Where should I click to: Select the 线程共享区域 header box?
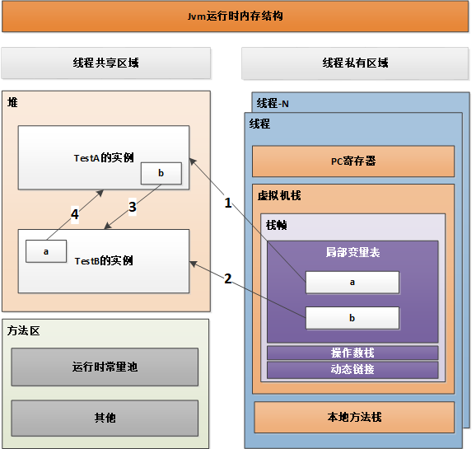(x=106, y=63)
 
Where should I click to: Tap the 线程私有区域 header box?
(x=355, y=63)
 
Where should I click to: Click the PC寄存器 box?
(x=352, y=161)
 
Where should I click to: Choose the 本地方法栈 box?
(x=354, y=417)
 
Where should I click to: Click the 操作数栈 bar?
(x=352, y=353)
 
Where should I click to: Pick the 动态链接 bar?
(x=352, y=369)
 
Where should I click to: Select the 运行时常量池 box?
(x=105, y=367)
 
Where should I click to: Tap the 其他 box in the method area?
(x=105, y=418)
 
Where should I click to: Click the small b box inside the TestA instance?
(x=161, y=173)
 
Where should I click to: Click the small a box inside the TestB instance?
(x=46, y=250)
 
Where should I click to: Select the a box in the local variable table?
(x=352, y=283)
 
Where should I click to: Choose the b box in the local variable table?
(x=352, y=318)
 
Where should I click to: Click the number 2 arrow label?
(x=228, y=278)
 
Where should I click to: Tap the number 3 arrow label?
(x=132, y=208)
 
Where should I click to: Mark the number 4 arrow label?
(x=75, y=214)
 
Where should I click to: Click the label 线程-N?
(x=273, y=103)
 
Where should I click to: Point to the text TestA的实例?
(x=104, y=157)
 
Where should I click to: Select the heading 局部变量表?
(x=352, y=252)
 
